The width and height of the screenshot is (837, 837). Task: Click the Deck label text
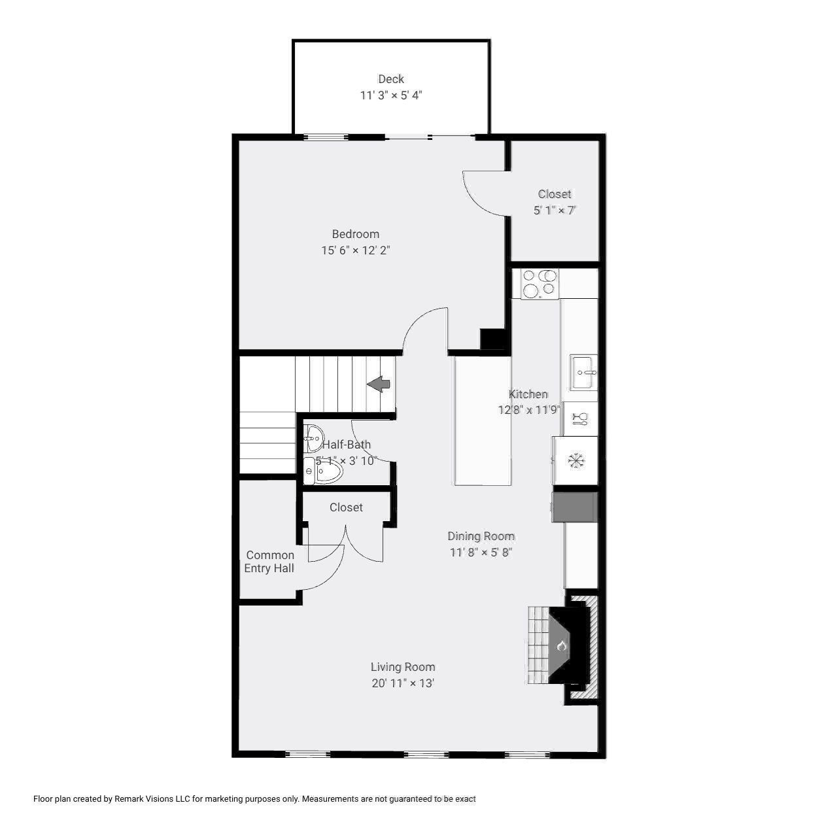(391, 79)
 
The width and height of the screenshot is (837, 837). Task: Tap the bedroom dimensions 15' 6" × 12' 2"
(355, 250)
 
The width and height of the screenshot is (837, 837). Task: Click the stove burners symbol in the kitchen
(539, 284)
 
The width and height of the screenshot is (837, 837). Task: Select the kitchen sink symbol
(583, 371)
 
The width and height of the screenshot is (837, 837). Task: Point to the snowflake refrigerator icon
(575, 461)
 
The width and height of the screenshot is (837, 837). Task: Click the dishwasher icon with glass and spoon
(580, 419)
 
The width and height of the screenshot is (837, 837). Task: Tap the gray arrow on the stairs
(379, 384)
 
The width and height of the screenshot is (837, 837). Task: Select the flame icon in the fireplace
(561, 646)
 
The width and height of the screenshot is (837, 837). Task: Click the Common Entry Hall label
(269, 562)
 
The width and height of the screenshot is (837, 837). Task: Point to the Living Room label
(403, 667)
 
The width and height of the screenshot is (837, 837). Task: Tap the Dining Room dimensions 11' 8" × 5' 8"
(481, 553)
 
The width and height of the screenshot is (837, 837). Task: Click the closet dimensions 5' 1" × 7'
(555, 211)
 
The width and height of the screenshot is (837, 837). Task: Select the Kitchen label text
(528, 394)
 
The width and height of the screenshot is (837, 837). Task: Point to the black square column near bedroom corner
(492, 339)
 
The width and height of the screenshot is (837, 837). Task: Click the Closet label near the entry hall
(346, 507)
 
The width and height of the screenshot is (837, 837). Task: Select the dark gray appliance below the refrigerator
(574, 507)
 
